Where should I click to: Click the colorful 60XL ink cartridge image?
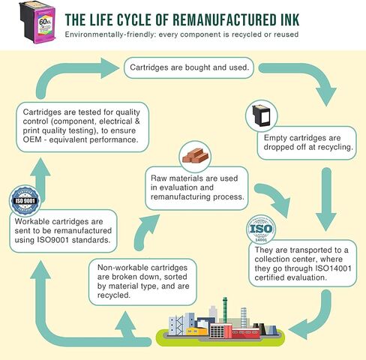tap(37, 22)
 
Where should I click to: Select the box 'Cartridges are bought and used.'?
tap(189, 67)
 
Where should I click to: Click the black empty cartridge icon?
tap(261, 115)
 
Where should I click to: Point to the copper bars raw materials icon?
tap(195, 156)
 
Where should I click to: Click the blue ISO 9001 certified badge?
tap(25, 201)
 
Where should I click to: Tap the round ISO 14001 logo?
tap(261, 229)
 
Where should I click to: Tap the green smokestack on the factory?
tap(225, 310)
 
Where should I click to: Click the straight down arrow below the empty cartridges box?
tap(326, 199)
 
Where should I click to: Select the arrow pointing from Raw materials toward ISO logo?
tap(276, 197)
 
